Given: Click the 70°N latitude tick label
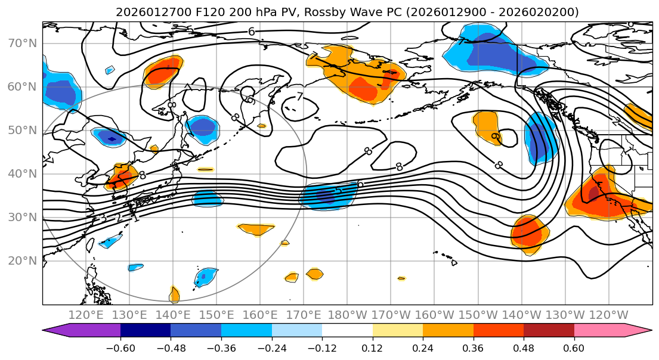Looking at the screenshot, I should click(x=21, y=43).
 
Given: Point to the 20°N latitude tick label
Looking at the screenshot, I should click(x=21, y=260).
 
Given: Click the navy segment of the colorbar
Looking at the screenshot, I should click(x=146, y=330).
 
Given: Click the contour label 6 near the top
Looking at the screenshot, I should click(x=251, y=32).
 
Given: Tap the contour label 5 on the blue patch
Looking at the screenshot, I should click(x=338, y=191).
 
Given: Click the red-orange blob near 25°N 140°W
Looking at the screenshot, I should click(x=530, y=234).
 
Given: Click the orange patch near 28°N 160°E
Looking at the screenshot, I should click(x=256, y=228).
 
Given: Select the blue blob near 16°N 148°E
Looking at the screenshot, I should click(x=205, y=277).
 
